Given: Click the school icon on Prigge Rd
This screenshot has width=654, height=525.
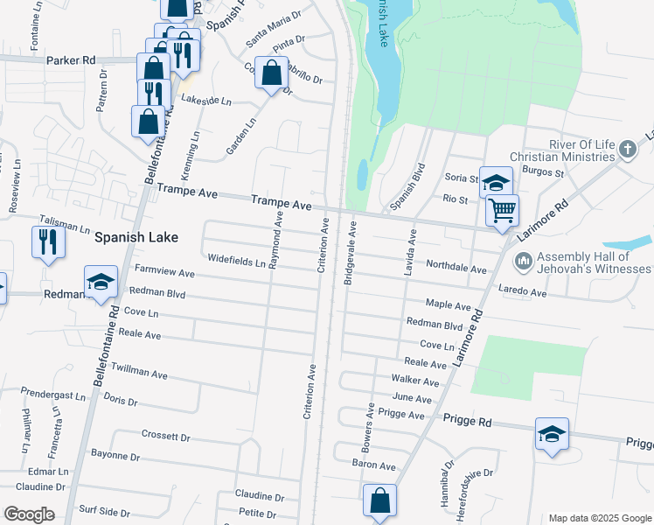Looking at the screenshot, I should [552, 436].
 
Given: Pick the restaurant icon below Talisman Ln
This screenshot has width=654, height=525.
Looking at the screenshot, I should [47, 241].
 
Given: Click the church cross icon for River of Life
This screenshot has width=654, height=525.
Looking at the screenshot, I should [626, 150].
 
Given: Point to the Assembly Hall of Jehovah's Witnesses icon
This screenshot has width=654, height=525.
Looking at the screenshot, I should [524, 261].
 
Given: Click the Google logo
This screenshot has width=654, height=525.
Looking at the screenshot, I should [29, 514].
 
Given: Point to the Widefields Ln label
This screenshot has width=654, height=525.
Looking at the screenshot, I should [236, 259].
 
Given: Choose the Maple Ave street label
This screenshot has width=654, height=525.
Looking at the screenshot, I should [449, 304].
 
